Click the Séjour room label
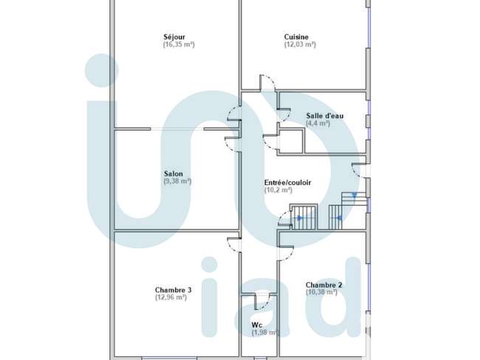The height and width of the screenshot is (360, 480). (174, 37)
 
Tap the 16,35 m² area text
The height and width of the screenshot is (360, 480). (179, 44)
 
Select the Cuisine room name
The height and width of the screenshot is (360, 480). (296, 37)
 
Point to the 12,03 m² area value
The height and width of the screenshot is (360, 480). (300, 44)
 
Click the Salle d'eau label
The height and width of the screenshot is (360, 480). (325, 116)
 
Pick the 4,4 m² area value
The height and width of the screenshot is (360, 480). (318, 123)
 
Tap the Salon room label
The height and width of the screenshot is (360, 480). (174, 174)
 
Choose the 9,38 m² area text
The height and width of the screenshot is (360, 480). (177, 181)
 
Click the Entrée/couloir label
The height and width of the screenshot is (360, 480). (288, 183)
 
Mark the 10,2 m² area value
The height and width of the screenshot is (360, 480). (278, 190)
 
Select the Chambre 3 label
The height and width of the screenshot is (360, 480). (174, 290)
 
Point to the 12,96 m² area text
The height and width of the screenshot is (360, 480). (171, 297)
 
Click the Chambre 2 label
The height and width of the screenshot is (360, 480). (324, 285)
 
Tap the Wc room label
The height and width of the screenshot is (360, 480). (257, 325)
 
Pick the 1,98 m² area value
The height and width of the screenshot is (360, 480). (265, 333)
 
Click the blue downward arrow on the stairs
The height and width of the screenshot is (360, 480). (354, 195)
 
